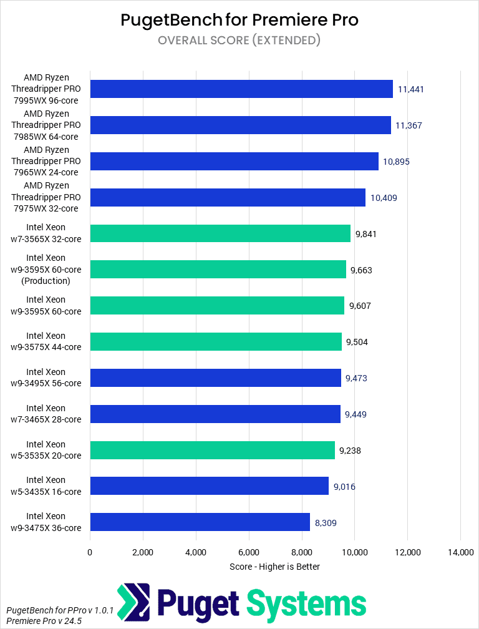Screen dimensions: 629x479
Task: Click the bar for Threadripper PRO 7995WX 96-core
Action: [241, 89]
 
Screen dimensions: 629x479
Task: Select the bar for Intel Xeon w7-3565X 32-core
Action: [220, 233]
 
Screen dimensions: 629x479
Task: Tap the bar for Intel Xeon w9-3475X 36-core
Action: [200, 522]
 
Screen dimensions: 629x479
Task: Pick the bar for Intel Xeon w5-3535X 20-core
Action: [212, 450]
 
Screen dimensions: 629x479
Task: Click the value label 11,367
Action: [409, 125]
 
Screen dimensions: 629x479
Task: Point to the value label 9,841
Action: [366, 234]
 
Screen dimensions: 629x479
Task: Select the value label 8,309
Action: [326, 523]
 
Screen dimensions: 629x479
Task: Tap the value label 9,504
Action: [358, 342]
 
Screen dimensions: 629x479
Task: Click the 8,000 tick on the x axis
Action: [301, 552]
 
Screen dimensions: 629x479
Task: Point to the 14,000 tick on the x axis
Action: [460, 552]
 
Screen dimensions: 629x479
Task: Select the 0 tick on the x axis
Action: [90, 552]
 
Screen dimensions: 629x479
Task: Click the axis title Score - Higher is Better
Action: [274, 567]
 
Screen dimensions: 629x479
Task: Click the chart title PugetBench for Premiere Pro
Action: [239, 20]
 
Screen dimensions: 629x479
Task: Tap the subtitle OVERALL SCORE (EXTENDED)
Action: [239, 41]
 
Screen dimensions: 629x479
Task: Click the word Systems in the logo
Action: [306, 603]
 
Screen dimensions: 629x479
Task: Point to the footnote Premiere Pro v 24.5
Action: [44, 621]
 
